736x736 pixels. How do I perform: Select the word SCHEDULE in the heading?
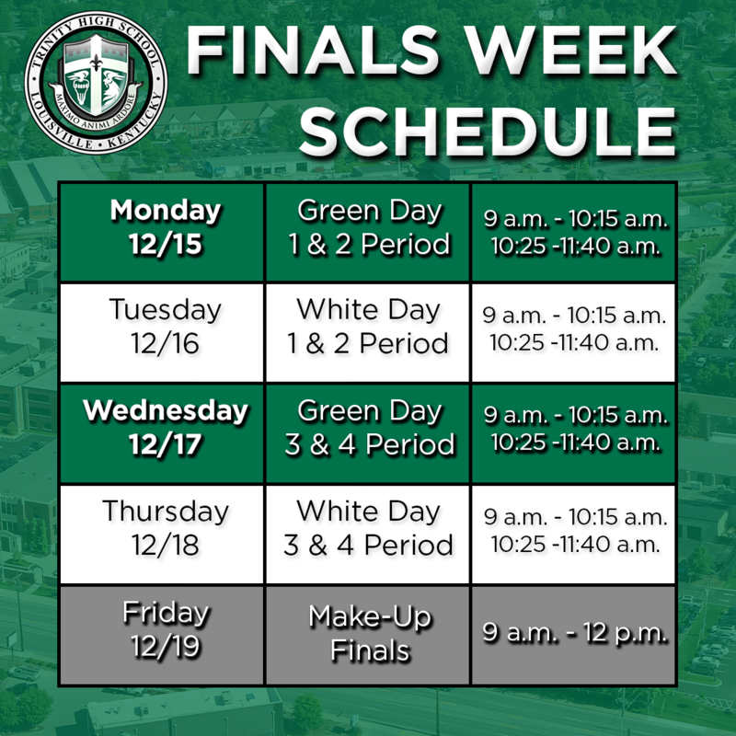click(x=488, y=132)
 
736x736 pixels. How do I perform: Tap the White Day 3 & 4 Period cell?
click(x=368, y=527)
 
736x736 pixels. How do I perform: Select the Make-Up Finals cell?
click(x=368, y=633)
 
